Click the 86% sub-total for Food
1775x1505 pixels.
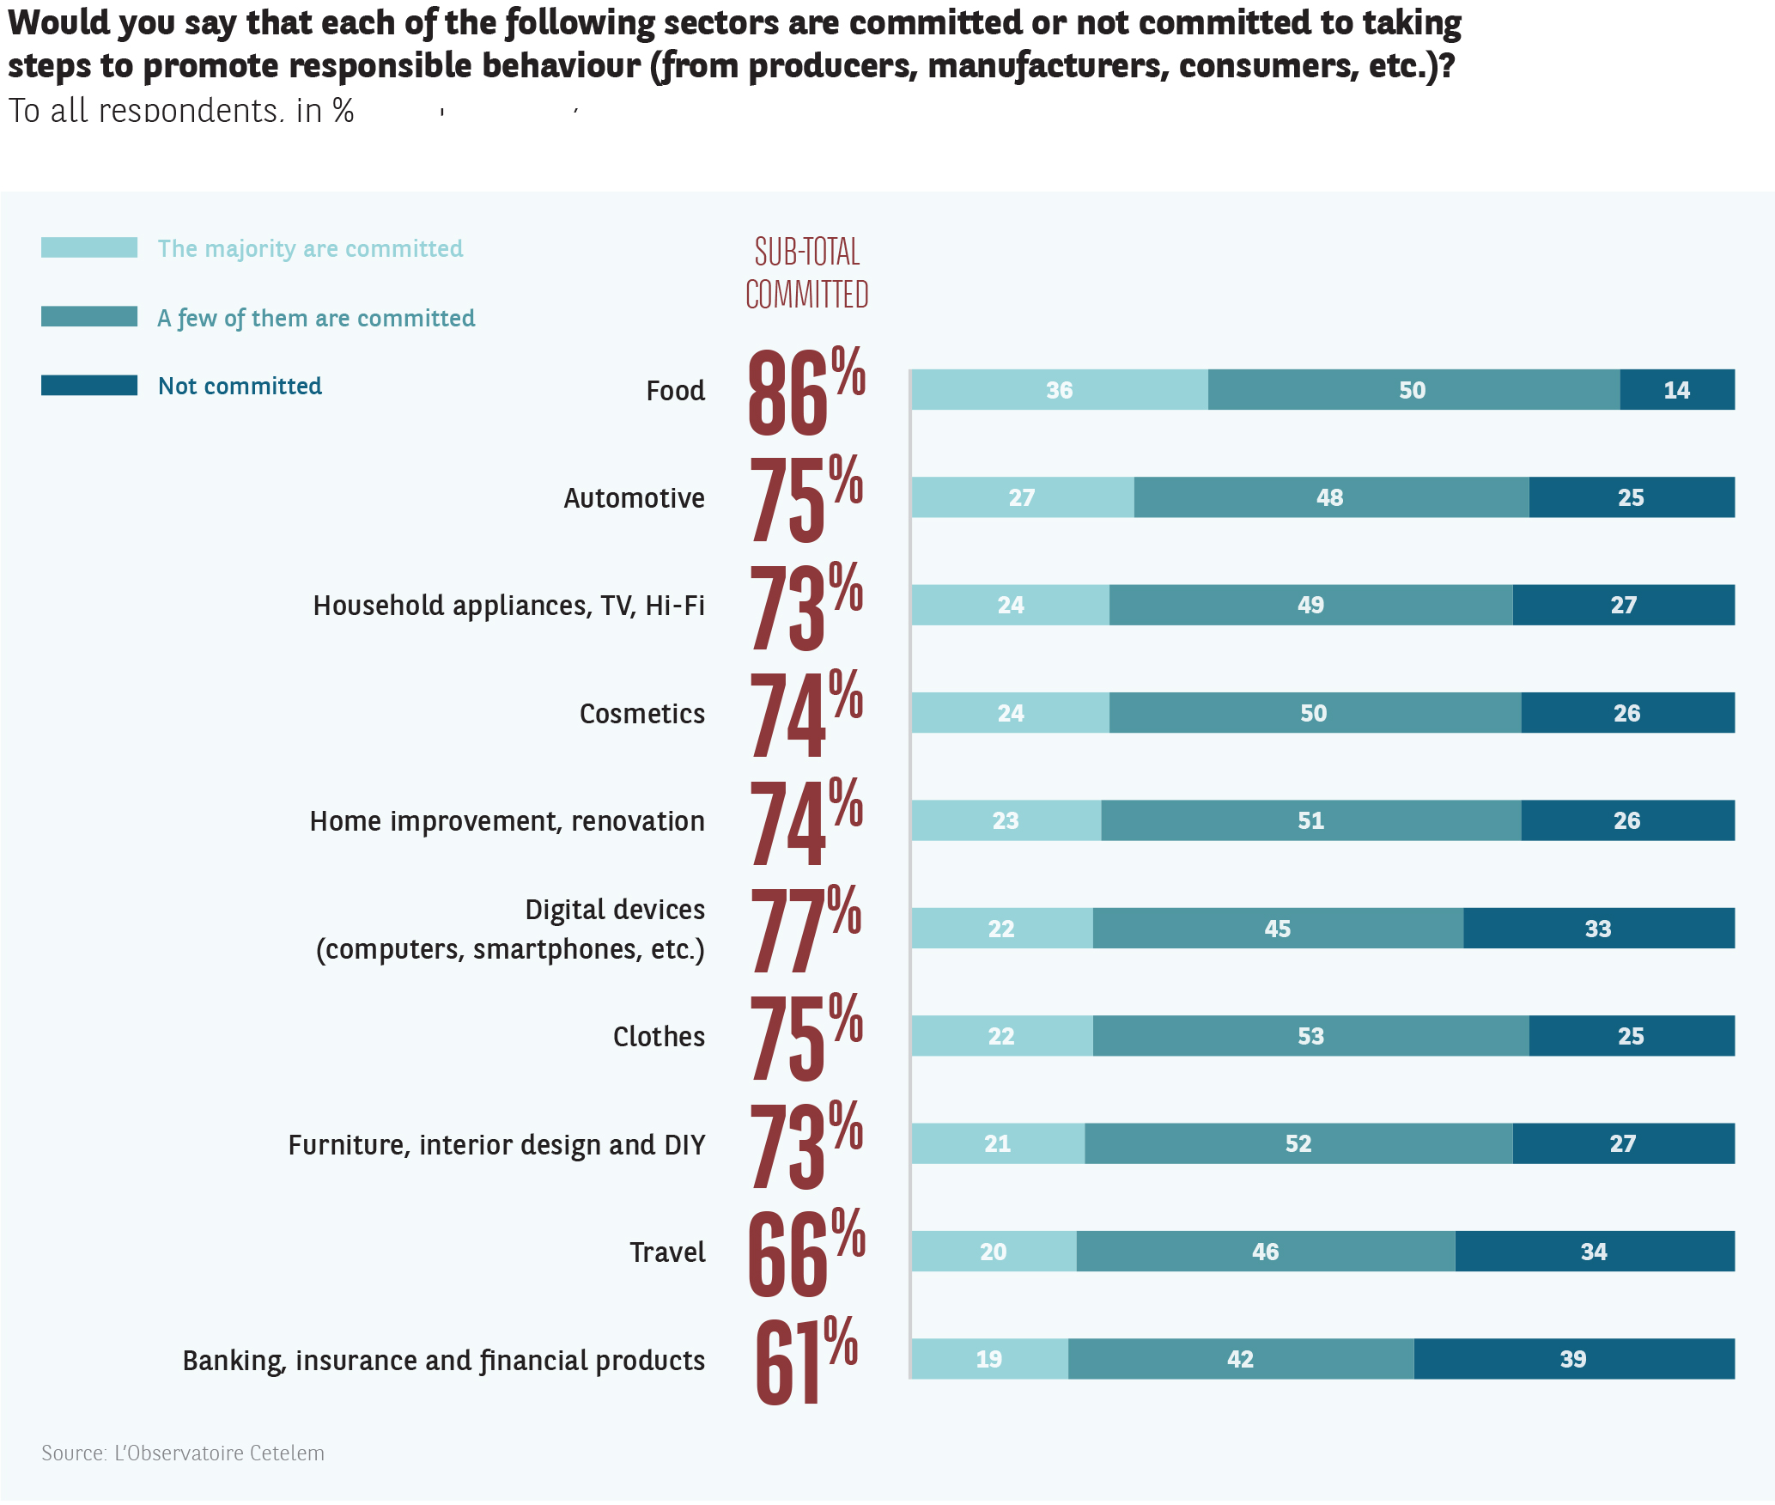[x=805, y=392]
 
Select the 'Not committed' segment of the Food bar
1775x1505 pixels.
[x=1676, y=390]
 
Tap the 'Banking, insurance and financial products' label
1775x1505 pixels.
[x=443, y=1361]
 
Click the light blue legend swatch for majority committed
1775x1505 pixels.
[x=89, y=248]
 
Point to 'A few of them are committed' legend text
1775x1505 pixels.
[x=316, y=318]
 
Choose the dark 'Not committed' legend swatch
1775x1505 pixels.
[x=89, y=386]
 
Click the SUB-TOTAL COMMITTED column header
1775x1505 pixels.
[x=806, y=273]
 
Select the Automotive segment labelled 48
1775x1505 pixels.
[x=1330, y=497]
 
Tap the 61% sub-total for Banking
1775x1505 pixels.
[x=805, y=1361]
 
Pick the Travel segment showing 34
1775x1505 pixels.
[x=1594, y=1252]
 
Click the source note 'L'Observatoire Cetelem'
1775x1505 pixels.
[x=183, y=1453]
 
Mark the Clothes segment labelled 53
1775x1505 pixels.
[x=1310, y=1036]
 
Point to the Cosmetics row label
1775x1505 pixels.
[x=641, y=714]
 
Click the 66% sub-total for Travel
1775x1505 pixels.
[x=805, y=1252]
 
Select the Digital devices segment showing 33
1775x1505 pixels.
[x=1598, y=929]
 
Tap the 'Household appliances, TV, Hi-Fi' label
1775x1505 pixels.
[x=508, y=606]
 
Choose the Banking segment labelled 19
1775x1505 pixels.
[x=989, y=1359]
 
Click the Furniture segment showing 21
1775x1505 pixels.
[x=997, y=1143]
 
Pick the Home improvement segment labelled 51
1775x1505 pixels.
[x=1310, y=820]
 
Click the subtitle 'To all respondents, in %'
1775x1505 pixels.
[x=181, y=111]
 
